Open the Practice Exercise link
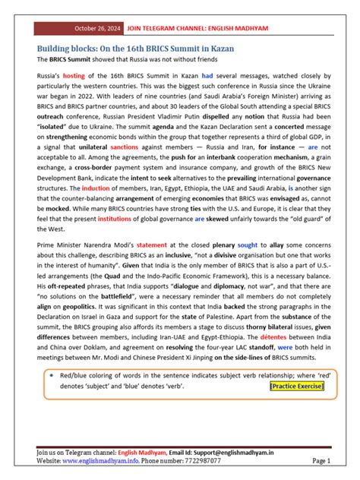pos(296,387)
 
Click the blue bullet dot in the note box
pos(49,375)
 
